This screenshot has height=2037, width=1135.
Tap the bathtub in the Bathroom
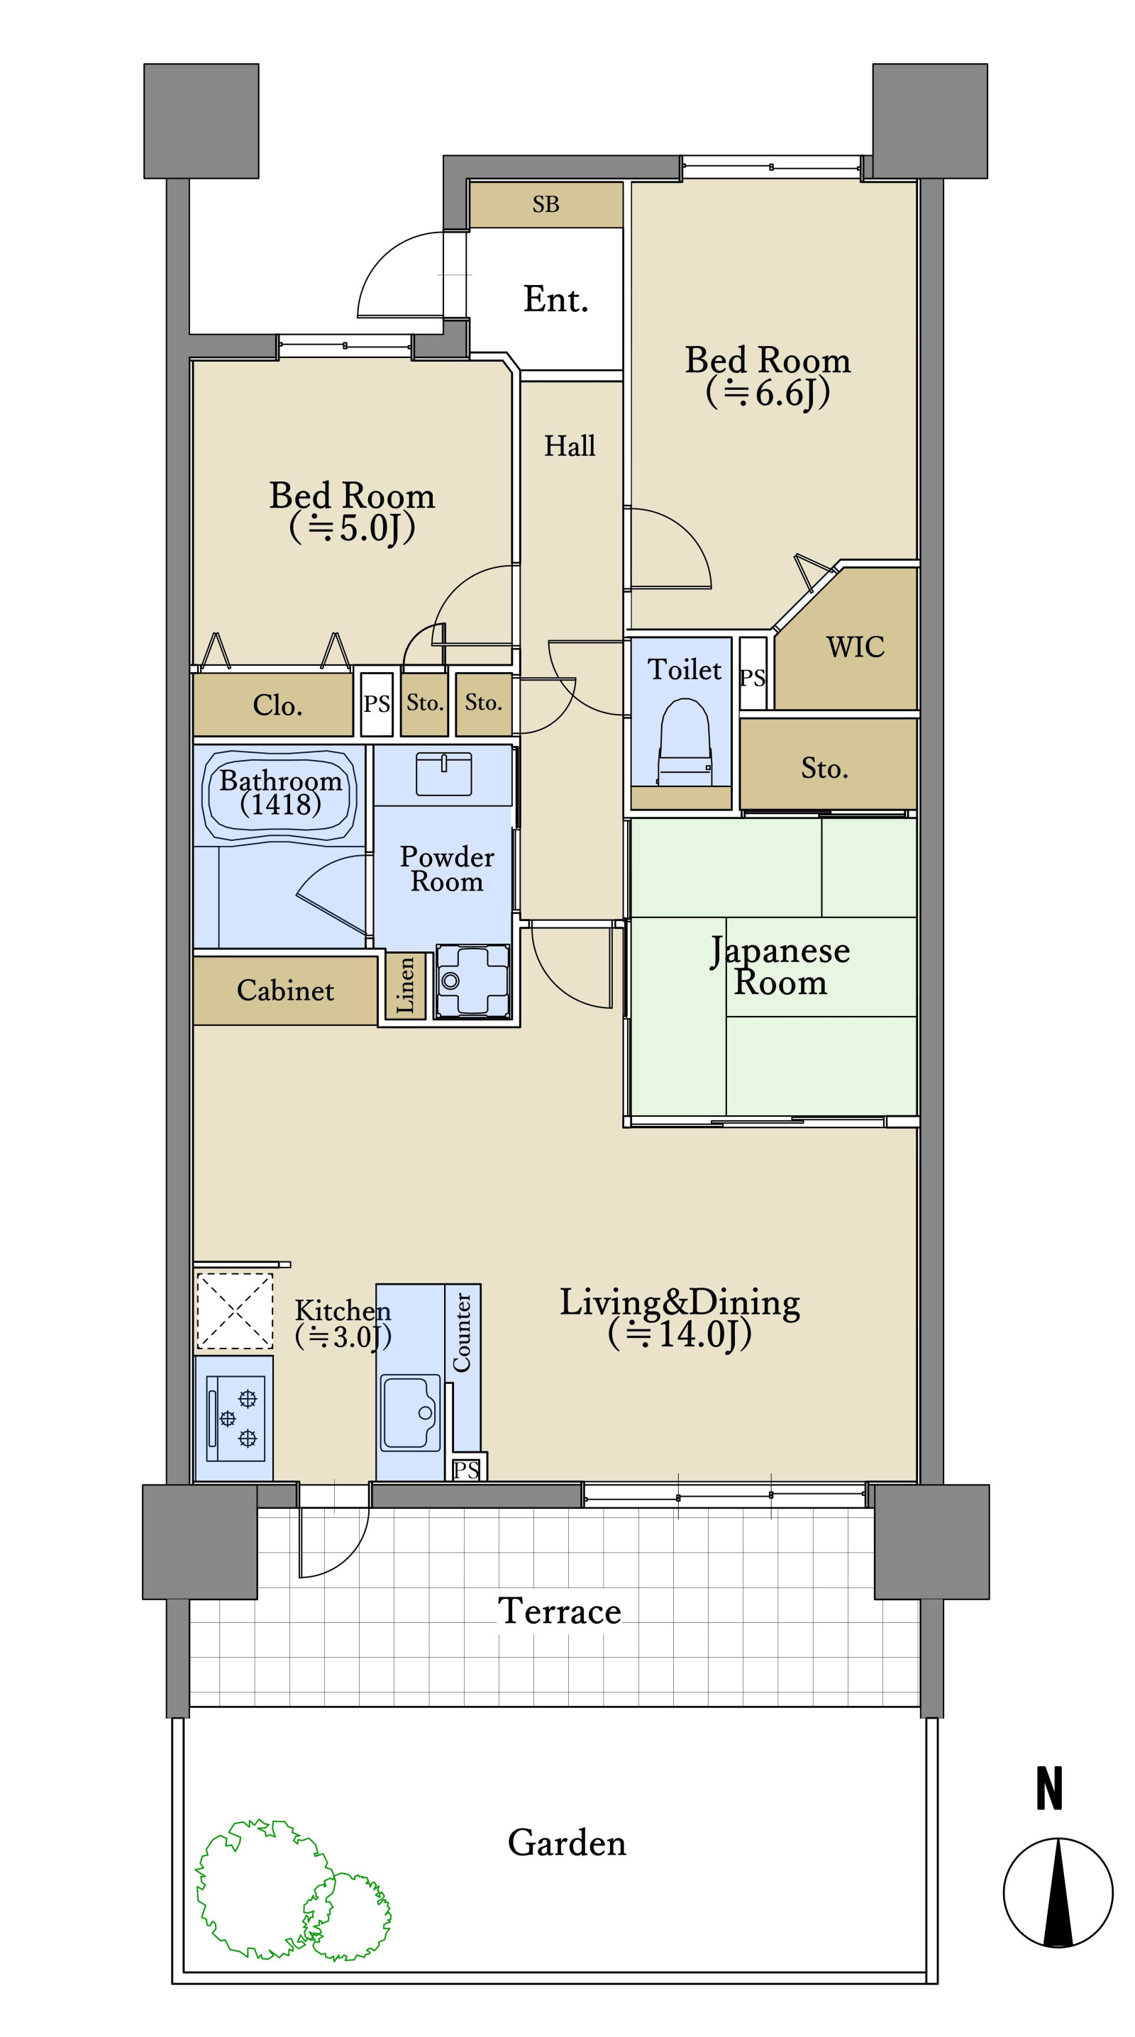(x=280, y=794)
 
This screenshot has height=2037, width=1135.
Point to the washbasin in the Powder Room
(x=444, y=773)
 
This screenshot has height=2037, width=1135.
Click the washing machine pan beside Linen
(x=473, y=981)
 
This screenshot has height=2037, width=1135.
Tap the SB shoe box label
(x=546, y=205)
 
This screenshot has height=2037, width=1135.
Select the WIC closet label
(x=855, y=647)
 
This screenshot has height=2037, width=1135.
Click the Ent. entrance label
(x=556, y=300)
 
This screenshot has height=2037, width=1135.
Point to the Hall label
(x=570, y=446)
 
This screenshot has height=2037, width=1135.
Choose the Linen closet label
(x=405, y=985)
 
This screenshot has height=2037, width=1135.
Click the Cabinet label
(x=286, y=990)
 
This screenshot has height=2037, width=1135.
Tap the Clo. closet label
(x=277, y=705)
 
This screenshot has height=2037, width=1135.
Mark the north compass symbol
(x=1058, y=1892)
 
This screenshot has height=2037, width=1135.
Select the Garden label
(x=566, y=1843)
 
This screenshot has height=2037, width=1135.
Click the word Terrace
(x=559, y=1611)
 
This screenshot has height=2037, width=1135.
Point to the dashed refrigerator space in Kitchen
(x=235, y=1310)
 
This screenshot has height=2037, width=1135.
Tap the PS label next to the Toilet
(x=752, y=678)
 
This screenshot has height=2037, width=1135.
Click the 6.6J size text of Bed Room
(x=768, y=393)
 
